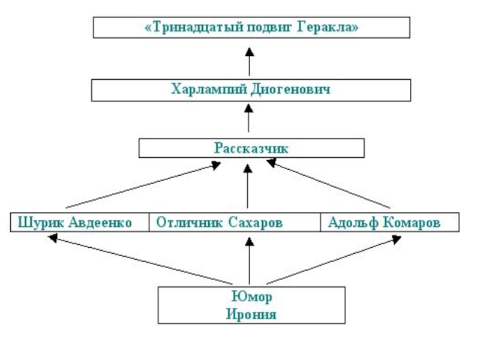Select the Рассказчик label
(251, 148)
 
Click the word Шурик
(41, 223)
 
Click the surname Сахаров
(255, 223)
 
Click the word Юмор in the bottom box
(251, 298)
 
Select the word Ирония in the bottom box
(251, 314)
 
